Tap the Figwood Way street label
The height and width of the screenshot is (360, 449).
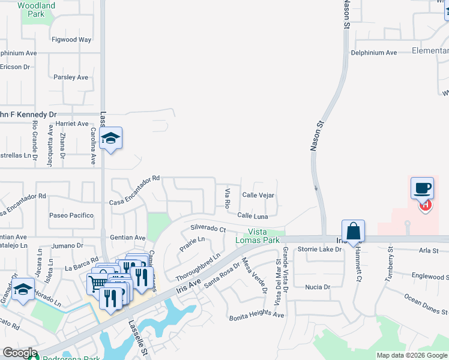[71, 40]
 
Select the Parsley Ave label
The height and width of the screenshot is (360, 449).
[71, 77]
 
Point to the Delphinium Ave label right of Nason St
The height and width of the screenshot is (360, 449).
[374, 53]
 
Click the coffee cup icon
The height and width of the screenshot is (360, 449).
[422, 188]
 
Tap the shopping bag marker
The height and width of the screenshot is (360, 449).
[353, 231]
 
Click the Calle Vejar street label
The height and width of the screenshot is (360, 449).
[258, 195]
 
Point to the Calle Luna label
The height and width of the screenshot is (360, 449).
[253, 215]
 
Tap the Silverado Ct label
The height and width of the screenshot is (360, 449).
[208, 229]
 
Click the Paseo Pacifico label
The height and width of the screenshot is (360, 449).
[71, 215]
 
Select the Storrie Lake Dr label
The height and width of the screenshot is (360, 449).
[320, 249]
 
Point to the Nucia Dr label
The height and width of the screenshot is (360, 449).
[318, 287]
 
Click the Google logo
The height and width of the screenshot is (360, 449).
[20, 353]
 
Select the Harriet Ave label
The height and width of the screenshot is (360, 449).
[71, 124]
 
